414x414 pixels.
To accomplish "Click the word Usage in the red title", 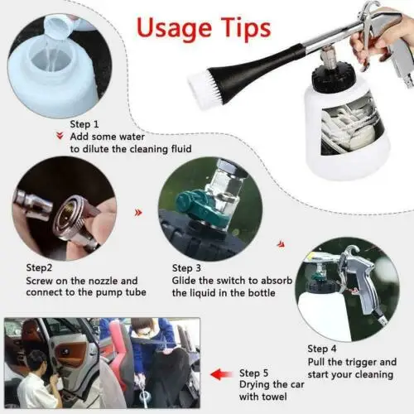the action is coord(174,28).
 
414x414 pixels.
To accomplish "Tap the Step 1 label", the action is coord(84,124).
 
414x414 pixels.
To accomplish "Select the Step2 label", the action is coord(39,267).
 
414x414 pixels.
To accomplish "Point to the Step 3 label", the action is coord(186,267).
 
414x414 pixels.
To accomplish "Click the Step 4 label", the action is coord(322,349).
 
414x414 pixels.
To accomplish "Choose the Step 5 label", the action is coord(253,373).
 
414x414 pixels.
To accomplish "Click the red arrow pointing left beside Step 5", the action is coord(221,374).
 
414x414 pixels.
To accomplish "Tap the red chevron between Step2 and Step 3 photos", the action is coord(138,213).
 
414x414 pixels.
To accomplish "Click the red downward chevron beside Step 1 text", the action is coord(60,136).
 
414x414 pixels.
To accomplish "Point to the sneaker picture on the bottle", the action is coord(352,128).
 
